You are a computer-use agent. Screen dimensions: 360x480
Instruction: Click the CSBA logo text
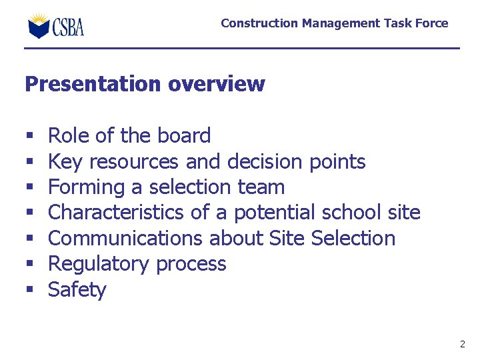point(68,27)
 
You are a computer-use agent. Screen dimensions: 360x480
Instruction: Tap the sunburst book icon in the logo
point(39,25)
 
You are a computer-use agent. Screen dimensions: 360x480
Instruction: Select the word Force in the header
point(433,23)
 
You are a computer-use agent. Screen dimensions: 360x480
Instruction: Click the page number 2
point(462,344)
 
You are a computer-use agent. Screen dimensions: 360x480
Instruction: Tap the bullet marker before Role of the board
point(29,137)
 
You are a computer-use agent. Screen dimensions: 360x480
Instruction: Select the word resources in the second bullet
point(133,162)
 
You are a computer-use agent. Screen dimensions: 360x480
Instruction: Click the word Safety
point(77,290)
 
